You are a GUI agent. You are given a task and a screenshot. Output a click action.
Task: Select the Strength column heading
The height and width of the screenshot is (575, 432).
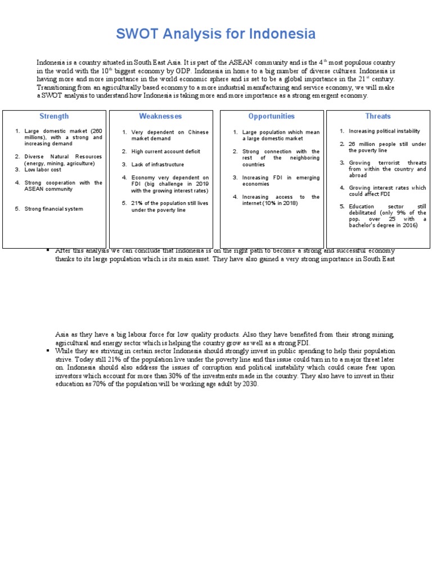[x=54, y=116]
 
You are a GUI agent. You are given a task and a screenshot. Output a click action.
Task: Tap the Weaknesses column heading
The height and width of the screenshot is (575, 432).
[x=160, y=116]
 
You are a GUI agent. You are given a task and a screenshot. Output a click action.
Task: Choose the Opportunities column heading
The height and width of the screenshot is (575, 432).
[x=271, y=116]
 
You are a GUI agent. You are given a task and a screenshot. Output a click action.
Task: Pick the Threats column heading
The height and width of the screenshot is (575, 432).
[x=377, y=116]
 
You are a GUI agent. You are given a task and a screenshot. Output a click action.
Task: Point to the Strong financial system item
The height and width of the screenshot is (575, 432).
[x=53, y=209]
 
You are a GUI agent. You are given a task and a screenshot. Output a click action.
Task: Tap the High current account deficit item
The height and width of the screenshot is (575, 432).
[x=165, y=152]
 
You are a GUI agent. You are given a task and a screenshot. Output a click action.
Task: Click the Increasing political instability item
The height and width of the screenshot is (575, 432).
[x=384, y=131]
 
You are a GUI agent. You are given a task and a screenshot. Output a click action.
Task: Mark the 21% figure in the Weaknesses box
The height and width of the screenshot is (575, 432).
[x=137, y=203]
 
